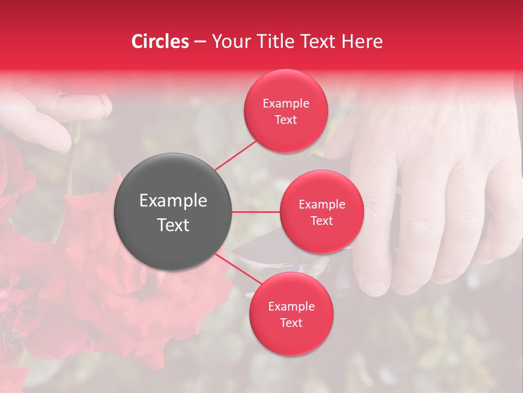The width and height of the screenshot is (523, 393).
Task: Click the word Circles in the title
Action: pyautogui.click(x=160, y=41)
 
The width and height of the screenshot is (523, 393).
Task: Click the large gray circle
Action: pyautogui.click(x=173, y=212)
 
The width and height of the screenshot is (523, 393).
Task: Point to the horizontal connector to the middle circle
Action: pyautogui.click(x=256, y=212)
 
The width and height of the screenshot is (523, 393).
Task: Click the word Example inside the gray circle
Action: pyautogui.click(x=173, y=200)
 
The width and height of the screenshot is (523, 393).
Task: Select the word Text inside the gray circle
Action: pyautogui.click(x=173, y=225)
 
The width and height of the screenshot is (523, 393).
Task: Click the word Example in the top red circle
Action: pyautogui.click(x=286, y=103)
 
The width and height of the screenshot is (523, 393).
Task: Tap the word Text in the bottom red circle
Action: pyautogui.click(x=291, y=323)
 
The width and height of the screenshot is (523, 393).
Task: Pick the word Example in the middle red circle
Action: pyautogui.click(x=322, y=204)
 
